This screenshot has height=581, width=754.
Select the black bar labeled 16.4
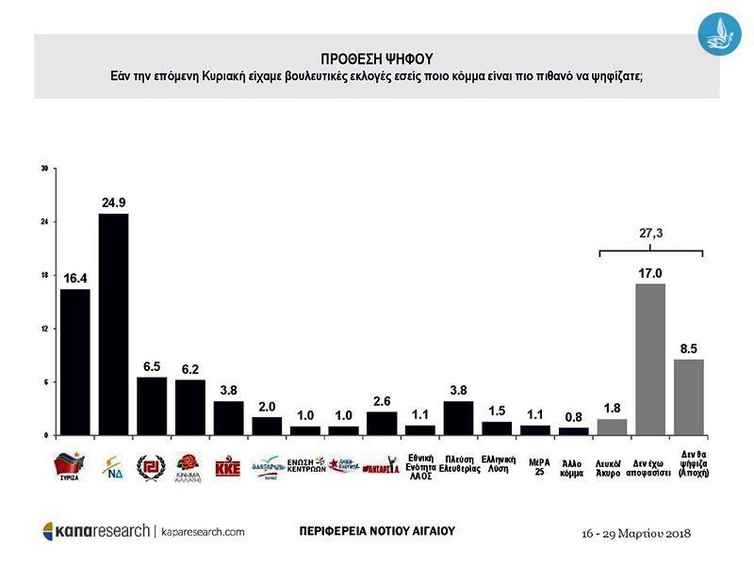pyautogui.click(x=75, y=362)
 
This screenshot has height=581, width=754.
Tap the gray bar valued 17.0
pyautogui.click(x=650, y=359)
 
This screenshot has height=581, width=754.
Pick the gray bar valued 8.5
pyautogui.click(x=689, y=396)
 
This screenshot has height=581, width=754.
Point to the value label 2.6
pyautogui.click(x=381, y=399)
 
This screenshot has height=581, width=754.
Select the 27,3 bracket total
pyautogui.click(x=650, y=233)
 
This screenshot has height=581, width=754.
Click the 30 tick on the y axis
pyautogui.click(x=44, y=169)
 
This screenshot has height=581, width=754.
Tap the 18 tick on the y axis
pyautogui.click(x=44, y=276)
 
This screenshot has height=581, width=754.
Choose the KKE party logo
pyautogui.click(x=228, y=466)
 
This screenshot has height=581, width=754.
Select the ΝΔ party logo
pyautogui.click(x=113, y=465)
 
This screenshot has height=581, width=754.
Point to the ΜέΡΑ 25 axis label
pyautogui.click(x=534, y=466)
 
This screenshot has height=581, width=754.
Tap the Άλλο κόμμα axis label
pyautogui.click(x=573, y=466)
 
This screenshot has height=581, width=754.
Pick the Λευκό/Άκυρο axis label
pyautogui.click(x=612, y=466)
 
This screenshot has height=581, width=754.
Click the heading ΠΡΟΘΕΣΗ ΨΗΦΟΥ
pyautogui.click(x=376, y=57)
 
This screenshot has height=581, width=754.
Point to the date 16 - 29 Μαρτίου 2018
pyautogui.click(x=637, y=533)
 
